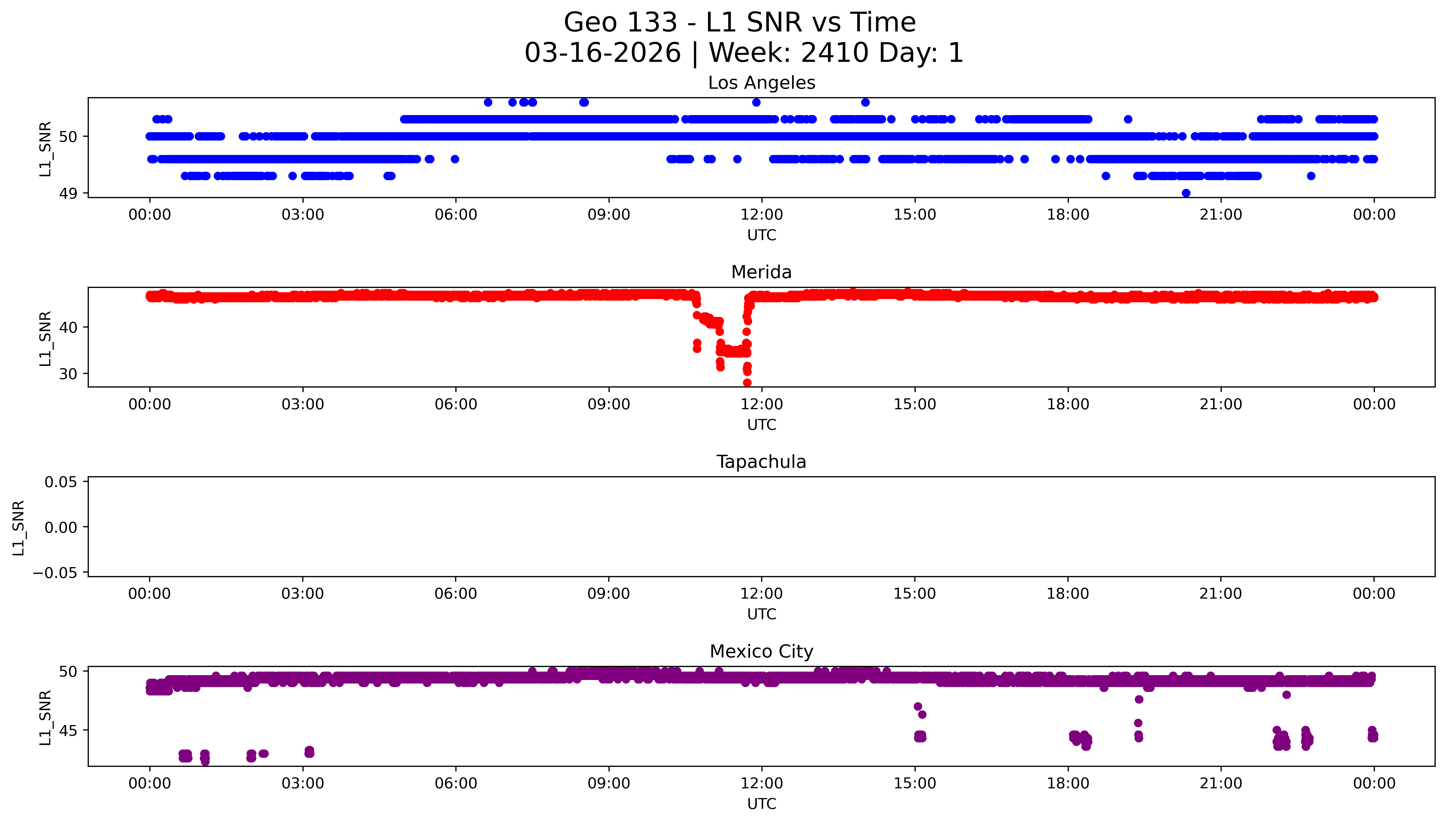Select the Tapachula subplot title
click(761, 462)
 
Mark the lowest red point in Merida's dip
click(747, 383)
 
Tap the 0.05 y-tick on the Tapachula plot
click(61, 482)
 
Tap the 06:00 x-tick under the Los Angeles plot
click(456, 215)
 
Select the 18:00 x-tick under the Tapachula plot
click(1068, 593)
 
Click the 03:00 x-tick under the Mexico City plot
click(303, 783)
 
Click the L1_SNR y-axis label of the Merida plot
click(45, 338)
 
